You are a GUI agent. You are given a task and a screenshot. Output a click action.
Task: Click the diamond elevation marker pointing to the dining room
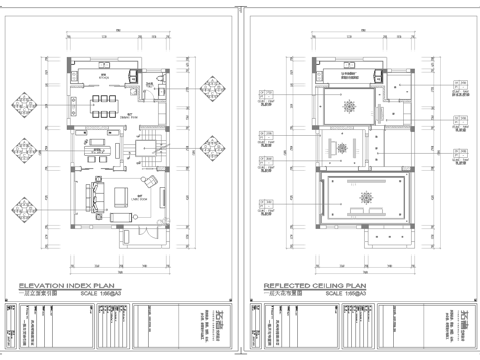tap(27, 103)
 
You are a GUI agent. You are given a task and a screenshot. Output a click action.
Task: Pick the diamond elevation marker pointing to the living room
tap(27, 212)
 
